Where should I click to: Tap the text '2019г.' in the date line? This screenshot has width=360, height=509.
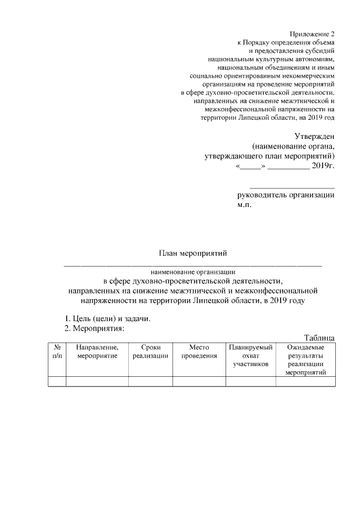[x=323, y=166]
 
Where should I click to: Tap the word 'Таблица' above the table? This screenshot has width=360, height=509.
[x=319, y=337]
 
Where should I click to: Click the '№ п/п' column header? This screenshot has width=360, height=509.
[x=57, y=352]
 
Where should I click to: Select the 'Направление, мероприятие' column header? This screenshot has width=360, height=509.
[x=97, y=352]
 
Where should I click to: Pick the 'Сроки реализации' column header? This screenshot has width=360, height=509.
[x=151, y=352]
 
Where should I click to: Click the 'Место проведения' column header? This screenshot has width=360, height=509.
[x=199, y=352]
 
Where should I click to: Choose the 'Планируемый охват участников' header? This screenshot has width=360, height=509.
[x=250, y=356]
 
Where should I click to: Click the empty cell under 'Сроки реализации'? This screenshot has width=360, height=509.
[x=151, y=382]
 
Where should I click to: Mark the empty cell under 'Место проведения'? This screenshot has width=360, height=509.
[x=199, y=382]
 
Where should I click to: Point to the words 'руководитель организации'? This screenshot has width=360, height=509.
[x=286, y=196]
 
